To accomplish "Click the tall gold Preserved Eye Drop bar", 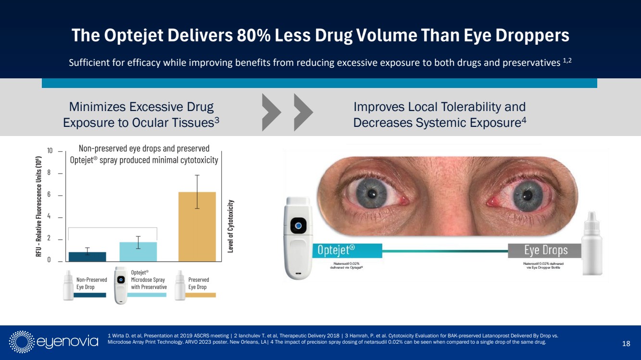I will tap(197, 226).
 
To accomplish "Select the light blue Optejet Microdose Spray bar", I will tap(138, 251).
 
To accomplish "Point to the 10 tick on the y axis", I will tap(50, 151).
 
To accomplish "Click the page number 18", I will tap(626, 343).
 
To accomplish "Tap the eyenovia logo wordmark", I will tap(67, 342).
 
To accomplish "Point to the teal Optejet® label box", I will tap(348, 250).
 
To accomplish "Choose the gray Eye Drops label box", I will tap(545, 250).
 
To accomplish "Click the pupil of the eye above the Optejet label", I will tap(372, 194).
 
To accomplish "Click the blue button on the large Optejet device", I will tap(299, 225).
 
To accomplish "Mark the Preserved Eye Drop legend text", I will tap(198, 283).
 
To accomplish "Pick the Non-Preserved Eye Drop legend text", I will tap(91, 283).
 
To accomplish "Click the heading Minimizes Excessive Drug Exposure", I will tap(141, 114).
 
